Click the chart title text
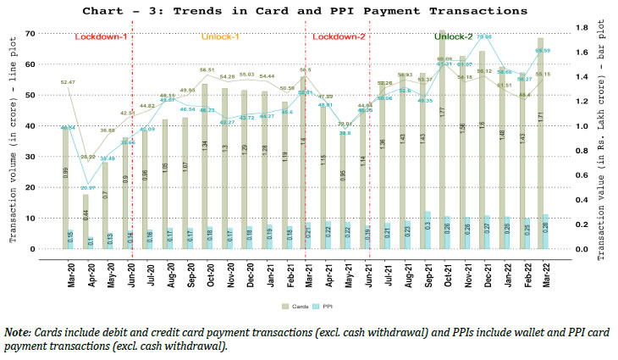click(308, 11)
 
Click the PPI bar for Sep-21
click(428, 230)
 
